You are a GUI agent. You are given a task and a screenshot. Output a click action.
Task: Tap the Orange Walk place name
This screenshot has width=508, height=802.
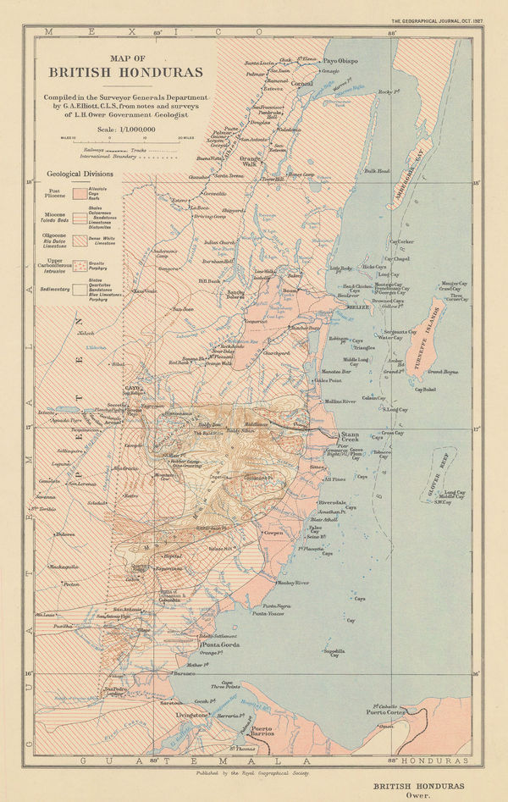coord(252,161)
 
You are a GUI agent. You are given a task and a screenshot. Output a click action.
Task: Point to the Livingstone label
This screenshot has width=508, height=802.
coord(192,716)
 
